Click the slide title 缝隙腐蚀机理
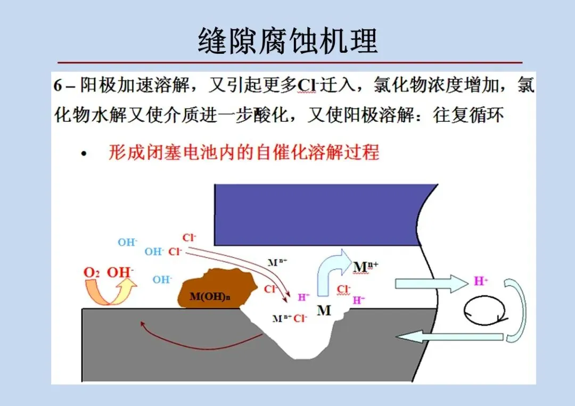[287, 40]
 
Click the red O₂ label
[92, 272]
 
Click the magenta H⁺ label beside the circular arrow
[481, 281]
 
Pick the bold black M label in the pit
[324, 310]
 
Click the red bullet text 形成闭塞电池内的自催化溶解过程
[244, 153]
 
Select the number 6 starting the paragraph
[58, 86]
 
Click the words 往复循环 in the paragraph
[468, 115]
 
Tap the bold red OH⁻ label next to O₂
[120, 272]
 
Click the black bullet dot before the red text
[83, 154]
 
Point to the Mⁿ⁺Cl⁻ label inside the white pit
[290, 319]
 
